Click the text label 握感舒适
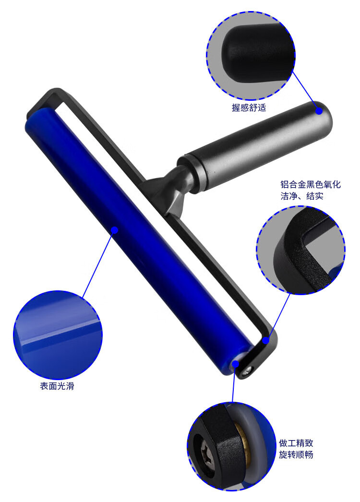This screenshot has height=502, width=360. tap(249, 108)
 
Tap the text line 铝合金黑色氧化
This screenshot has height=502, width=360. tap(311, 184)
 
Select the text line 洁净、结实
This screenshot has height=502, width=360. tap(302, 196)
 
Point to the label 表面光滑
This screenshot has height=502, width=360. tap(57, 386)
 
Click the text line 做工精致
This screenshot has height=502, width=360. tap(296, 443)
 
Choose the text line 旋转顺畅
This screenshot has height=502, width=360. tap(296, 454)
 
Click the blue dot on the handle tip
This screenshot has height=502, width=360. tap(319, 111)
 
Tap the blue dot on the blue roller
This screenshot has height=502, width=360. tap(115, 230)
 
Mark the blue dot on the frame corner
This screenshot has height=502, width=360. tap(265, 340)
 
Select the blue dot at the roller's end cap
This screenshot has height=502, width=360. tap(235, 364)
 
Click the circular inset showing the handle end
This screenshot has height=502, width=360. tap(251, 55)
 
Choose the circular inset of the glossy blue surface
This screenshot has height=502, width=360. tap(58, 335)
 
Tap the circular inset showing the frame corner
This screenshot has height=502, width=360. tap(300, 250)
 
